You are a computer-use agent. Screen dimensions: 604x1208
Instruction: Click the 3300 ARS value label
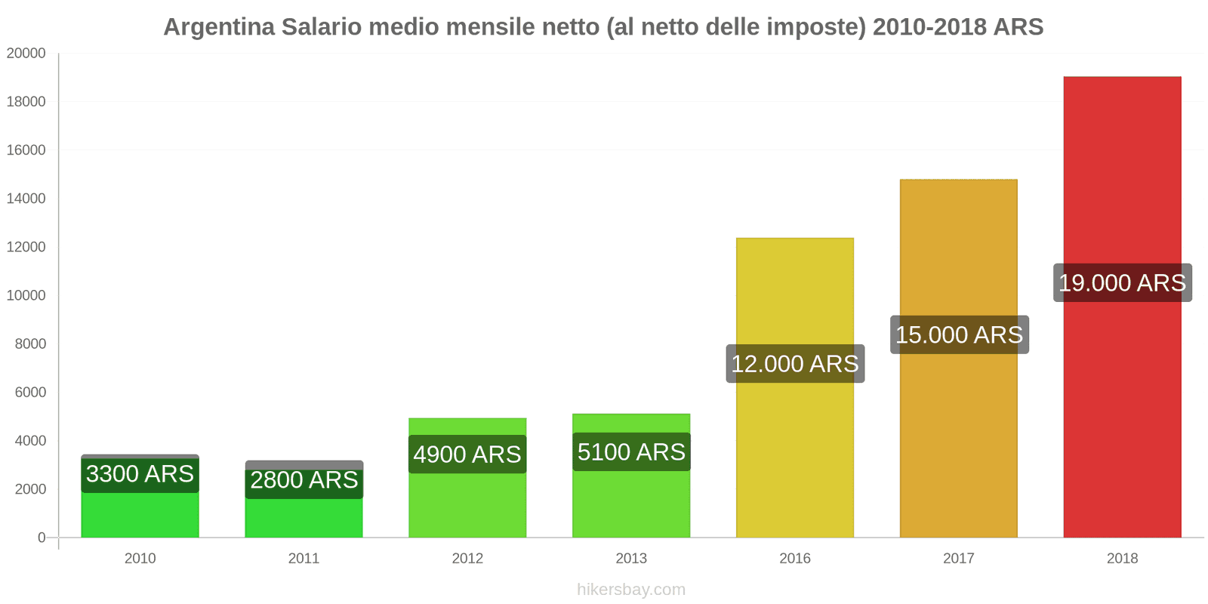click(140, 474)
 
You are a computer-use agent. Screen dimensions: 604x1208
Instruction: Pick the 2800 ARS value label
click(304, 480)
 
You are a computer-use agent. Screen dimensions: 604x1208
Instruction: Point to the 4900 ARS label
click(467, 455)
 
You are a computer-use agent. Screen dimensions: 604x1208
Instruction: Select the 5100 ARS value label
click(631, 452)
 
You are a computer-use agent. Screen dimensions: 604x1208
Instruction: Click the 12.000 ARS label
click(795, 364)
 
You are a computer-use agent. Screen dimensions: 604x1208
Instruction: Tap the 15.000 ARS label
click(959, 334)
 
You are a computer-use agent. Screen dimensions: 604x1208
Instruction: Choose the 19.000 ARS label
click(1122, 283)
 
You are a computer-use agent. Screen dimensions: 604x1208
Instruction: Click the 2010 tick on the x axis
click(140, 559)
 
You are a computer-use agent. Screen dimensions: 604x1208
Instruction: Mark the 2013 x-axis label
click(631, 559)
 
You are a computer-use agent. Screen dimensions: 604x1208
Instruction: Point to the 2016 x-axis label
click(795, 559)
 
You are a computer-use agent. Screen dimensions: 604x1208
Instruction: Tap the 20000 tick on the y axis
click(26, 54)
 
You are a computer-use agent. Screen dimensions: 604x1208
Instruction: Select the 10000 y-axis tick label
click(26, 295)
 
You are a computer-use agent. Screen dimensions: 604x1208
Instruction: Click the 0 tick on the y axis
click(42, 538)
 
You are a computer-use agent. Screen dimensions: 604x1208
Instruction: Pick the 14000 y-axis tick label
click(26, 199)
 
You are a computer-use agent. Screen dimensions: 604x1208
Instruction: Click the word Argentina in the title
click(219, 27)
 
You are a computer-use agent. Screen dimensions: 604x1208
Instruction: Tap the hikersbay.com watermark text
click(631, 590)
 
